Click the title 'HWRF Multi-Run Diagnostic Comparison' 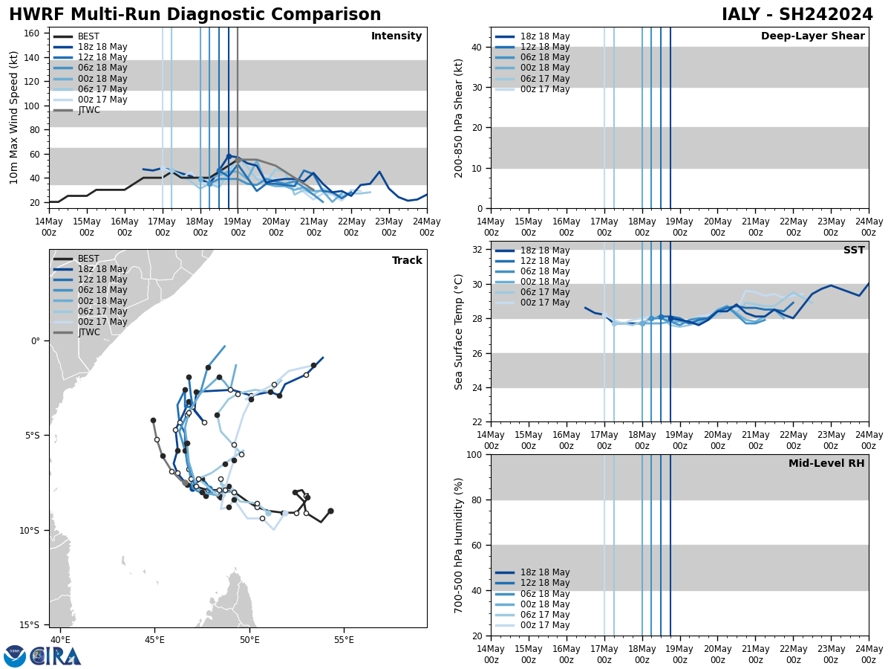[x=195, y=15]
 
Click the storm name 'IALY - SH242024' [x=797, y=15]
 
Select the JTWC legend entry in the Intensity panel [x=88, y=110]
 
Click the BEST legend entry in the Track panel [x=88, y=259]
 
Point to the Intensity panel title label [x=396, y=36]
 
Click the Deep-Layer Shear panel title [x=812, y=36]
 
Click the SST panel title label [x=853, y=251]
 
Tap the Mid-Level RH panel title [x=826, y=464]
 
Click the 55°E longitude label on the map [x=343, y=640]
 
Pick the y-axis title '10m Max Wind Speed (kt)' [x=14, y=117]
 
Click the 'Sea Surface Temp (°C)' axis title [x=460, y=332]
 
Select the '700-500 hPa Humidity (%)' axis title [x=460, y=545]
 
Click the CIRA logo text [x=56, y=656]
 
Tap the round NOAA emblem [x=14, y=656]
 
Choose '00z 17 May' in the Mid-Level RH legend [x=545, y=625]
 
